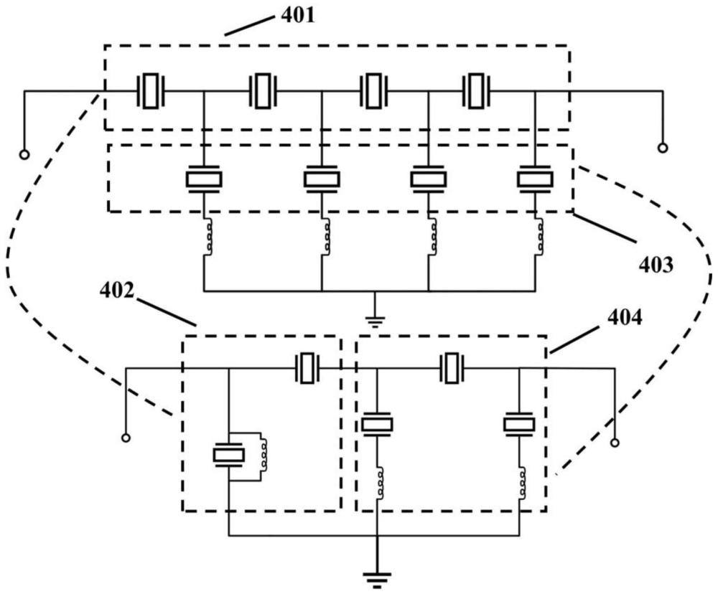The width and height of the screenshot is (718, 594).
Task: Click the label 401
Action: tap(297, 16)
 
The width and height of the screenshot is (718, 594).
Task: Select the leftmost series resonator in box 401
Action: tap(150, 91)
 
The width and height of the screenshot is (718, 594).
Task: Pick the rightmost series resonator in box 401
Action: tap(475, 91)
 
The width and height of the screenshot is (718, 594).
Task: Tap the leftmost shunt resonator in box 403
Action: tap(205, 179)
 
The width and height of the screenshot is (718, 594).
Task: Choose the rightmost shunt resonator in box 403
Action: tap(535, 179)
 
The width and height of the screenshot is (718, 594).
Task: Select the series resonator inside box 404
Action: tap(451, 368)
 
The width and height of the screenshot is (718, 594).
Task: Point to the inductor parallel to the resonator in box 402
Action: tap(266, 453)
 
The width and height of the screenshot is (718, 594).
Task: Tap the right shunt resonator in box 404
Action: tap(519, 425)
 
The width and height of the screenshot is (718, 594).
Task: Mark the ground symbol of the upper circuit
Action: tap(375, 320)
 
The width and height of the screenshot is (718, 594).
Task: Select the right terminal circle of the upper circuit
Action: tap(663, 148)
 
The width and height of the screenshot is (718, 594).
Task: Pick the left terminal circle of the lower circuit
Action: tap(126, 437)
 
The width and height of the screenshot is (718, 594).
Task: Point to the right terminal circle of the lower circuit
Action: tap(615, 443)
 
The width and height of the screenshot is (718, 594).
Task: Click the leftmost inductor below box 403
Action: tap(207, 237)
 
